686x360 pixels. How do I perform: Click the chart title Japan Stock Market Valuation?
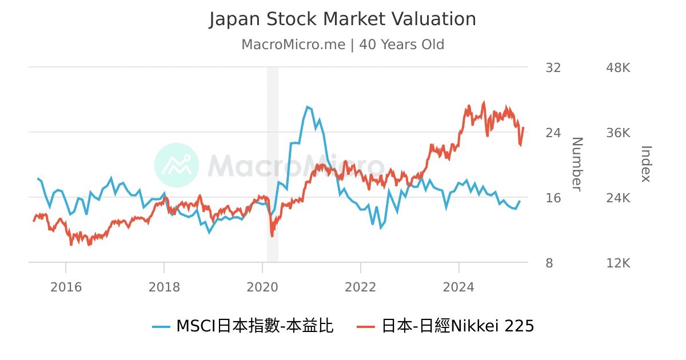point(342,19)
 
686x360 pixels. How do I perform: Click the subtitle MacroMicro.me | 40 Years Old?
point(342,45)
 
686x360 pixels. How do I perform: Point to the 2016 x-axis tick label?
point(66,287)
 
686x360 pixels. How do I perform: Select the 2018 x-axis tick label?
point(164,287)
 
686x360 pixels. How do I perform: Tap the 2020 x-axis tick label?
point(262,287)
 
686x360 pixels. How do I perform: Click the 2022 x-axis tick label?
point(361,287)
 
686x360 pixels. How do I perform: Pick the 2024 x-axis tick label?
point(458,287)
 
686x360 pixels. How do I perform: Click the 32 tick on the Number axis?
point(553,68)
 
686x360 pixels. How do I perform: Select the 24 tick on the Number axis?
point(553,133)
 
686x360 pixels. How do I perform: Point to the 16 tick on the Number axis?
point(553,198)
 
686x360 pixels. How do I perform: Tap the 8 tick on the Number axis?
point(549,263)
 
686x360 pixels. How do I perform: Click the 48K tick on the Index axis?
point(618,68)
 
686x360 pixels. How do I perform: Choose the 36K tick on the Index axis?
point(618,133)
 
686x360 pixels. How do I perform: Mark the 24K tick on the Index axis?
point(618,198)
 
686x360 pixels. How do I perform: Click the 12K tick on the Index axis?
point(618,263)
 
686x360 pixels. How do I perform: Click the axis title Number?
point(576,164)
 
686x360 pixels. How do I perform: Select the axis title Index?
point(645,164)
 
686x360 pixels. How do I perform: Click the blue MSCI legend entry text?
point(254,326)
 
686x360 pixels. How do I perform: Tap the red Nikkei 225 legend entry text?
point(457,326)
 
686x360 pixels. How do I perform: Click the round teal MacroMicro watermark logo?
point(177,165)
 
